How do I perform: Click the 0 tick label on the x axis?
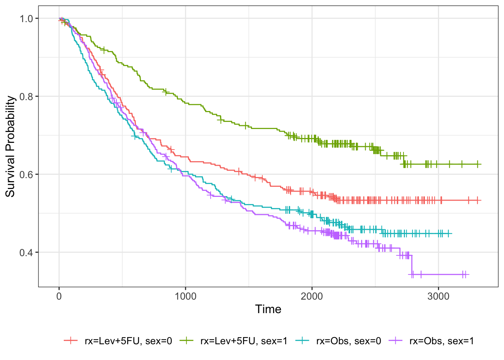pos(59,296)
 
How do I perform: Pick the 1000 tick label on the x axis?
pos(185,296)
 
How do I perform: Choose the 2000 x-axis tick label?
pos(312,296)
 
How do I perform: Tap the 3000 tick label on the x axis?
pos(438,296)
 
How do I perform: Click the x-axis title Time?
pos(268,309)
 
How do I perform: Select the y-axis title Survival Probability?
pos(10,146)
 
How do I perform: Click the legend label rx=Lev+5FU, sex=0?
pos(128,341)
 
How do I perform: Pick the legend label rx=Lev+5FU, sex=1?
pos(244,341)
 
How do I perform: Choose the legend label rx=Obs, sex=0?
pos(349,341)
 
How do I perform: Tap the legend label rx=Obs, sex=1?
pos(442,341)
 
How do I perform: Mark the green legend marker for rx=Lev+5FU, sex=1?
pos(186,340)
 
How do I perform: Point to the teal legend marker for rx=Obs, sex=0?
pos(302,340)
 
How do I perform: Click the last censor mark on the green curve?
pos(477,164)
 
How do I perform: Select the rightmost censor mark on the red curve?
pos(477,200)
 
